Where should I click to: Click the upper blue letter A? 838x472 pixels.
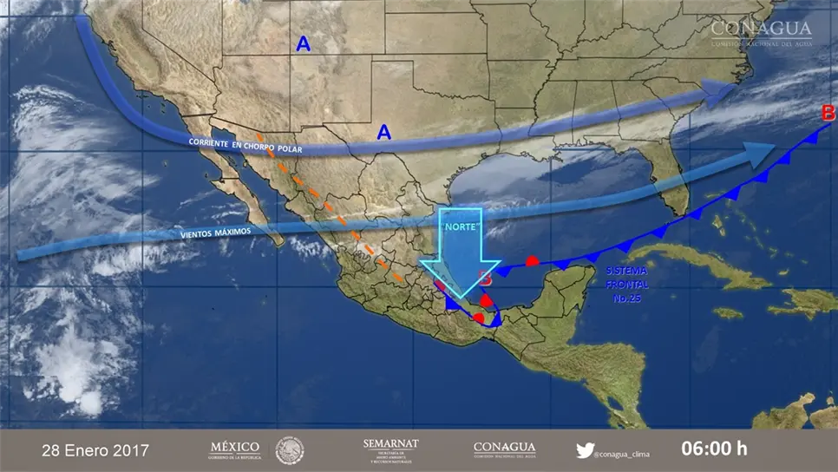click(x=303, y=43)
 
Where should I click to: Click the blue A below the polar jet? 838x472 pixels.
click(x=383, y=132)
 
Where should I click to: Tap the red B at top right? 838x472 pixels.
click(x=828, y=113)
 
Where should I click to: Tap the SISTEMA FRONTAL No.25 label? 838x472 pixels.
click(x=626, y=285)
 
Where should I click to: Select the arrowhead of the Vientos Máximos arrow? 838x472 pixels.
click(x=758, y=154)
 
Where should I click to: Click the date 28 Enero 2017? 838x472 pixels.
click(x=95, y=450)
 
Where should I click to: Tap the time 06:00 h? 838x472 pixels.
click(x=713, y=449)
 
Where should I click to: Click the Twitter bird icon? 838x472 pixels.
click(x=586, y=450)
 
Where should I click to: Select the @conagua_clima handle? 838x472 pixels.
click(x=623, y=453)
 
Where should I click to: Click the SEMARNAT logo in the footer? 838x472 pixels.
click(x=390, y=449)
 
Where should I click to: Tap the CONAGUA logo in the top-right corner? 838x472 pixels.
click(x=762, y=33)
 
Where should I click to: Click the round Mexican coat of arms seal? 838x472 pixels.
click(x=290, y=449)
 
